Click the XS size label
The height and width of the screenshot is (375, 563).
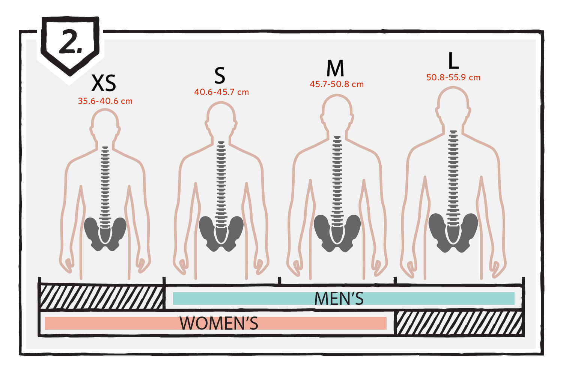pos(104,83)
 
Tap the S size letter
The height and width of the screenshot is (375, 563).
pos(220,76)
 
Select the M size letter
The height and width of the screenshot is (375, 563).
pos(335,68)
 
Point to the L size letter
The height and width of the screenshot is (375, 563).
pos(454,61)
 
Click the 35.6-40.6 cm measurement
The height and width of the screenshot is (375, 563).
pos(105,101)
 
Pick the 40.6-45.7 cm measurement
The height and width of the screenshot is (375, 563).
pos(221,92)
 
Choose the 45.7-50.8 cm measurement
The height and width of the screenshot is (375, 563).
pos(337,84)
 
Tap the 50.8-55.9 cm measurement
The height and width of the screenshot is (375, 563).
pos(453,77)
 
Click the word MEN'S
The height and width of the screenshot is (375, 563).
pos(339,298)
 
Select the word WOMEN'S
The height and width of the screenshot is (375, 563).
pos(219,323)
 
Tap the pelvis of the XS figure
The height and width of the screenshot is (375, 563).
pos(105,234)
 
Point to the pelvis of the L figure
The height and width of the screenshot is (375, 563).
pos(453,233)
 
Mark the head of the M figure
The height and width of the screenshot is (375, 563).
pos(337,112)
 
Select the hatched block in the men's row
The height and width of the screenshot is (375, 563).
pos(102,297)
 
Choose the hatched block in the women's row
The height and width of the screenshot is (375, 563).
pos(459,323)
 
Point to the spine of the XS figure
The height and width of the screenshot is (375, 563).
pos(105,187)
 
